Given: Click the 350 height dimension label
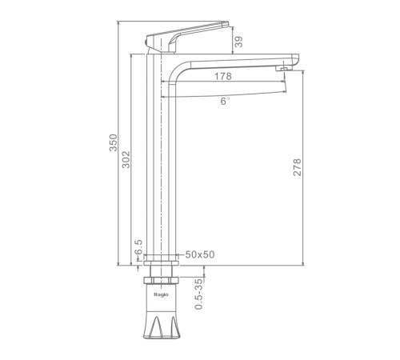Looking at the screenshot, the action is pos(114,142).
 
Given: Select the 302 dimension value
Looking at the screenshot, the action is pos(126,159).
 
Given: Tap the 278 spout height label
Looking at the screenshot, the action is pos(297,167).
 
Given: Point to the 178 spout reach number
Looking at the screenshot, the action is pos(223,77).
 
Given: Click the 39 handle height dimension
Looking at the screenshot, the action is pos(239,42).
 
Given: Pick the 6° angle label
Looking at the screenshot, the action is pos(225,101).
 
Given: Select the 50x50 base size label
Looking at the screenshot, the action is pos(200,254).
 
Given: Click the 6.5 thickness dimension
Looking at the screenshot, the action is pos(138,248).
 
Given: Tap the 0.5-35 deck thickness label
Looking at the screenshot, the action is pos(199,294).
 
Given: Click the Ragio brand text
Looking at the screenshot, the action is pos(161,294).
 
